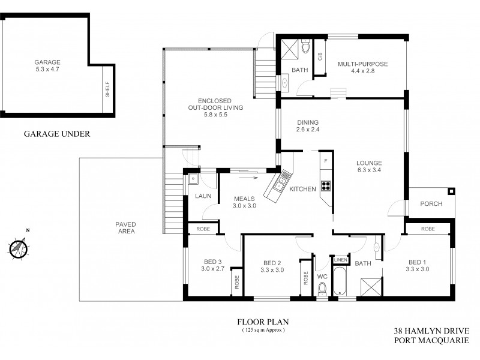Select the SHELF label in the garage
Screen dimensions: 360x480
click(107, 91)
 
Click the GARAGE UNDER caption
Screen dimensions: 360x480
click(57, 134)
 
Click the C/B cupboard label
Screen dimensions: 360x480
click(320, 57)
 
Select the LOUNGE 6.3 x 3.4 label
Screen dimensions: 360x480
click(368, 166)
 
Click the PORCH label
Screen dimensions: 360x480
click(431, 204)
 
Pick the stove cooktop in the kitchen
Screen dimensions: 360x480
click(326, 185)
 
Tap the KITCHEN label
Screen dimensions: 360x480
click(302, 190)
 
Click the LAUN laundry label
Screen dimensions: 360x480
click(200, 196)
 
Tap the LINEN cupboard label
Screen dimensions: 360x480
click(340, 260)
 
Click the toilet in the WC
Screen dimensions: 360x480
click(322, 290)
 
